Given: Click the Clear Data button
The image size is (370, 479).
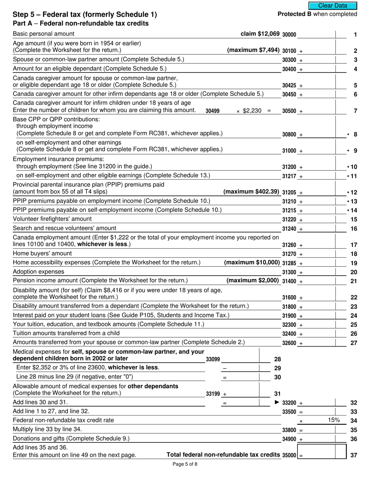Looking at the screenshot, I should (333, 5).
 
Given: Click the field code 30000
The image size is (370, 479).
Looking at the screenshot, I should (289, 35).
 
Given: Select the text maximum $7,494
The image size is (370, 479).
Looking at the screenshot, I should (253, 50).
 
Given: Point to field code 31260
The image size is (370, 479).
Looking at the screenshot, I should (289, 245).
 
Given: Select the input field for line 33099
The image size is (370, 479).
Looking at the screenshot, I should (240, 359).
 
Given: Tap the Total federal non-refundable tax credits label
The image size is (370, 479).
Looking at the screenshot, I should (223, 455).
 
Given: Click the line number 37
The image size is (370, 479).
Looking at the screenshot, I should (354, 455).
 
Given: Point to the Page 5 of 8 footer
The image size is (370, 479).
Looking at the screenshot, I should (185, 464).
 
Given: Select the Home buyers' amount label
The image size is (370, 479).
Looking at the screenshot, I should (42, 254).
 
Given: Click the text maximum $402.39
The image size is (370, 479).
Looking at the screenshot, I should (251, 192).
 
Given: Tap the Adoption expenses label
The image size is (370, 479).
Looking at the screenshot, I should (39, 271).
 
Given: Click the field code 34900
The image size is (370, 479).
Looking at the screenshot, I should (289, 439).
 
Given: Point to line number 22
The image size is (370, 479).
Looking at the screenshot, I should (354, 298).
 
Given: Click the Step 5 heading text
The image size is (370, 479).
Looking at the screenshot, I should (85, 15).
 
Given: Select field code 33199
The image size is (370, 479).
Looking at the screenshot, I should (213, 394).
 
